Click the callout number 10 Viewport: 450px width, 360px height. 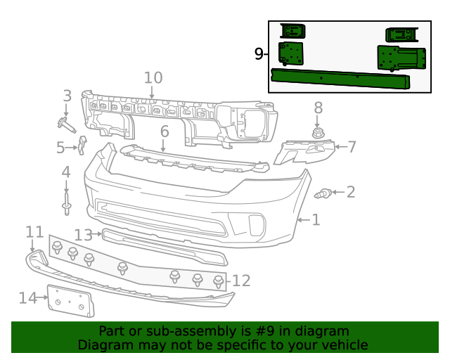[x=153, y=78]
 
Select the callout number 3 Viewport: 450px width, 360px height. [x=67, y=96]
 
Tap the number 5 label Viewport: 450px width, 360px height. [x=60, y=148]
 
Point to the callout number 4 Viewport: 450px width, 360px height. [x=66, y=172]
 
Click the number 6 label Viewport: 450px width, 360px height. [x=165, y=131]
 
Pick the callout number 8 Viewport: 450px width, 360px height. [x=318, y=108]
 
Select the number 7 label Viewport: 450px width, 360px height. [x=352, y=147]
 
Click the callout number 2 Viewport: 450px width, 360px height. [x=350, y=192]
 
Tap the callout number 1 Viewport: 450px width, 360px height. [x=316, y=220]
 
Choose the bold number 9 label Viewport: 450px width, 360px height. [x=259, y=53]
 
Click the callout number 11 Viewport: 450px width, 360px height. [x=34, y=232]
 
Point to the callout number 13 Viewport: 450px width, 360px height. [x=83, y=234]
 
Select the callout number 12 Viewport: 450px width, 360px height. [x=241, y=281]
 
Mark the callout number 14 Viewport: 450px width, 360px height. [x=27, y=298]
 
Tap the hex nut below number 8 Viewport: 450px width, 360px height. [x=318, y=132]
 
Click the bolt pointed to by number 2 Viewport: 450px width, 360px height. [x=324, y=193]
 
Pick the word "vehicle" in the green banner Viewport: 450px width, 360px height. [x=342, y=345]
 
